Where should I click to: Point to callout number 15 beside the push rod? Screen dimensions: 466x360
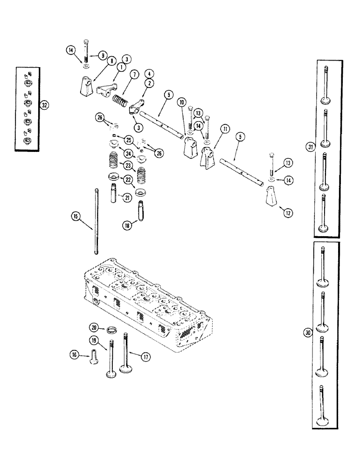[x=75, y=216]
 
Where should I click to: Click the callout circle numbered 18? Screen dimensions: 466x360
[x=125, y=225]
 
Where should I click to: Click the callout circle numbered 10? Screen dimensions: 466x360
[x=182, y=103]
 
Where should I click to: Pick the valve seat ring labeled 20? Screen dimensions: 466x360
[x=111, y=330]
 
